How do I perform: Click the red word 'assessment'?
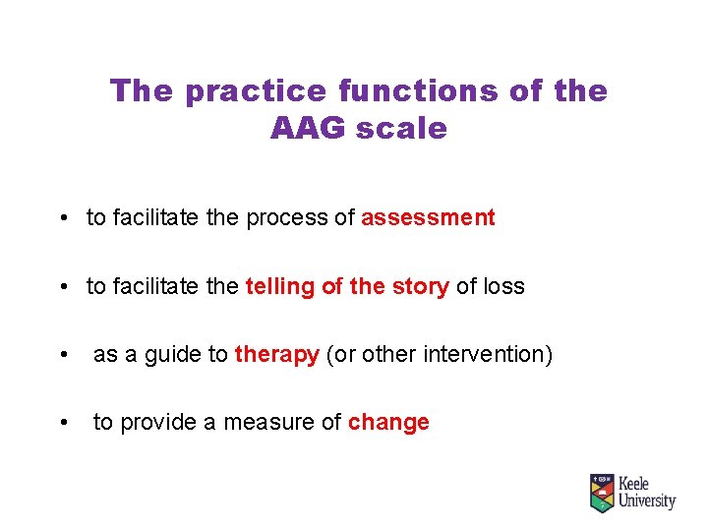pyautogui.click(x=428, y=218)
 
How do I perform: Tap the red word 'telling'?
pyautogui.click(x=280, y=287)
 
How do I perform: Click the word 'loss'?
pyautogui.click(x=502, y=287)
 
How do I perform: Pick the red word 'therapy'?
pyautogui.click(x=276, y=355)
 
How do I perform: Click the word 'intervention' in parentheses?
pyautogui.click(x=487, y=355)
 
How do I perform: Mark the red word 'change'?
pyautogui.click(x=388, y=423)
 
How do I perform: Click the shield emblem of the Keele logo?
pyautogui.click(x=602, y=493)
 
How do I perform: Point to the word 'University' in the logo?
pyautogui.click(x=646, y=501)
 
